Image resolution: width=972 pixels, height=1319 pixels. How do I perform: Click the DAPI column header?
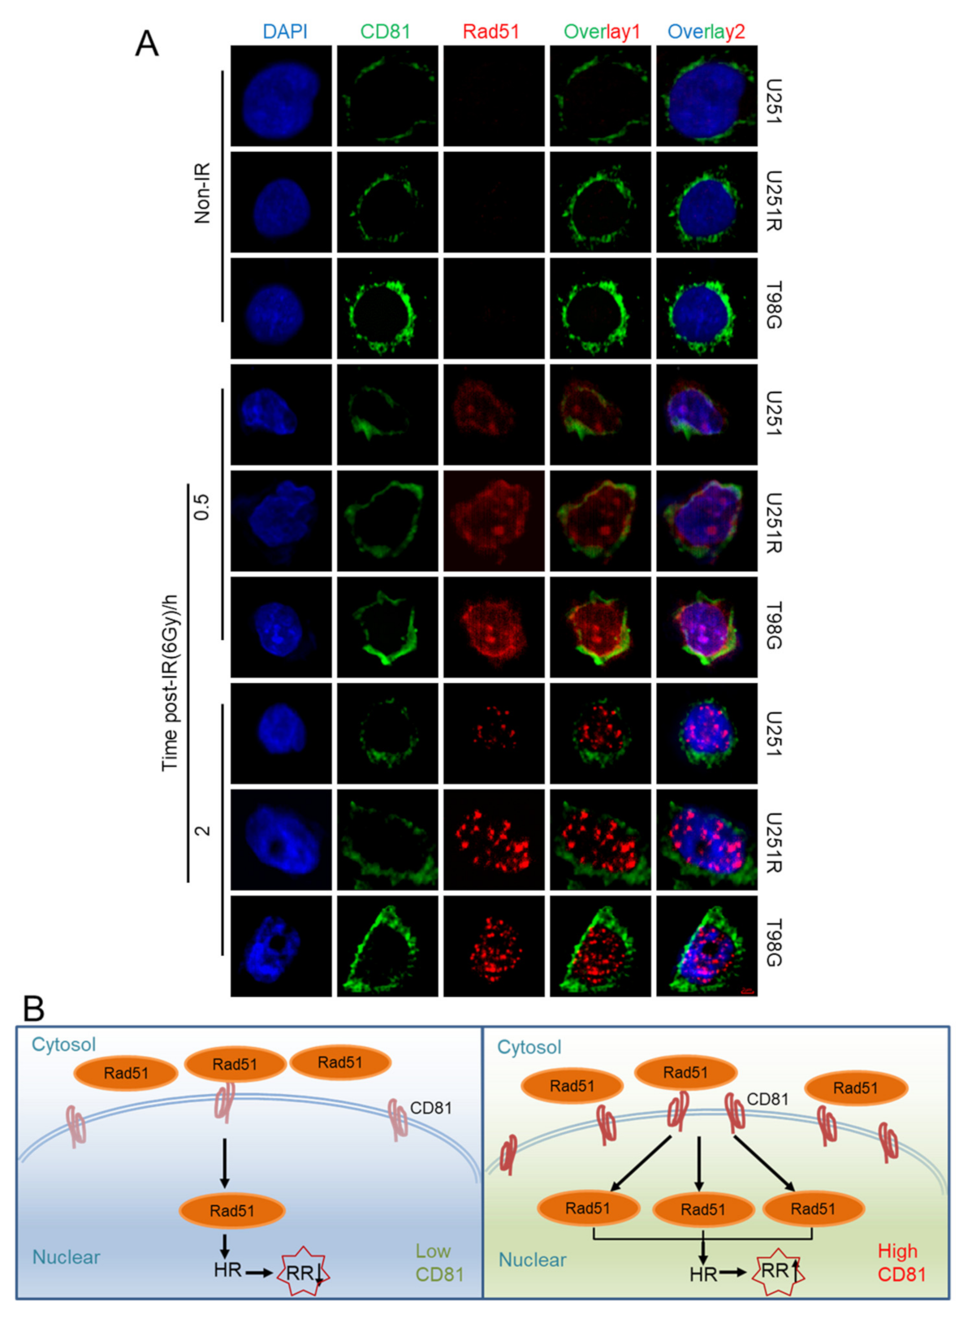285,32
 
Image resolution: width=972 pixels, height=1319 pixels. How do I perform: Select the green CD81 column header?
386,32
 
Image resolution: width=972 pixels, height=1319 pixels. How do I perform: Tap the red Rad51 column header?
490,32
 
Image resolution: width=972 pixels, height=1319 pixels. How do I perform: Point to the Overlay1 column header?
602,32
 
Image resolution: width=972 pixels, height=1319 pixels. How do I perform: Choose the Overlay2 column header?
706,32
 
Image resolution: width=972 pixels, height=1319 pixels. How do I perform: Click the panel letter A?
146,43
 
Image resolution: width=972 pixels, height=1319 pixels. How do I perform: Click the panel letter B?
34,1008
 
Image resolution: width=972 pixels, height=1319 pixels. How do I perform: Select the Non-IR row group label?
202,193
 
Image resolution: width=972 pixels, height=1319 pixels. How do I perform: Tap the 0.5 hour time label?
202,508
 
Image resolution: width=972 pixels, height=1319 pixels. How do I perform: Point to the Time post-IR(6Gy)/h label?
170,682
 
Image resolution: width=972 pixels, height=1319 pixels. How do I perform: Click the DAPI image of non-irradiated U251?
281,96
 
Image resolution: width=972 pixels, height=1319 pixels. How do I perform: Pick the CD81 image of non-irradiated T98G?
387,309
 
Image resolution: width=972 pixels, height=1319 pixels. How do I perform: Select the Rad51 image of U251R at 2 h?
494,840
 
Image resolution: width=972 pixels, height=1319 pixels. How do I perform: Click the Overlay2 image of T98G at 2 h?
706,946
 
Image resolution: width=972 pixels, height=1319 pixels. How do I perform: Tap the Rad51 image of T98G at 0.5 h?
494,627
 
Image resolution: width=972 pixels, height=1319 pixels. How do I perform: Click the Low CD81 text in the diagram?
439,1263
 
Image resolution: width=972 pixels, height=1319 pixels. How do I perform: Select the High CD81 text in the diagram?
901,1262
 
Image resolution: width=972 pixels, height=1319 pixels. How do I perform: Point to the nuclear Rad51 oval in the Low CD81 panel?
232,1210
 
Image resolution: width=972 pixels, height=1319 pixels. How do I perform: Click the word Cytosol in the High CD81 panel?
529,1047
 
